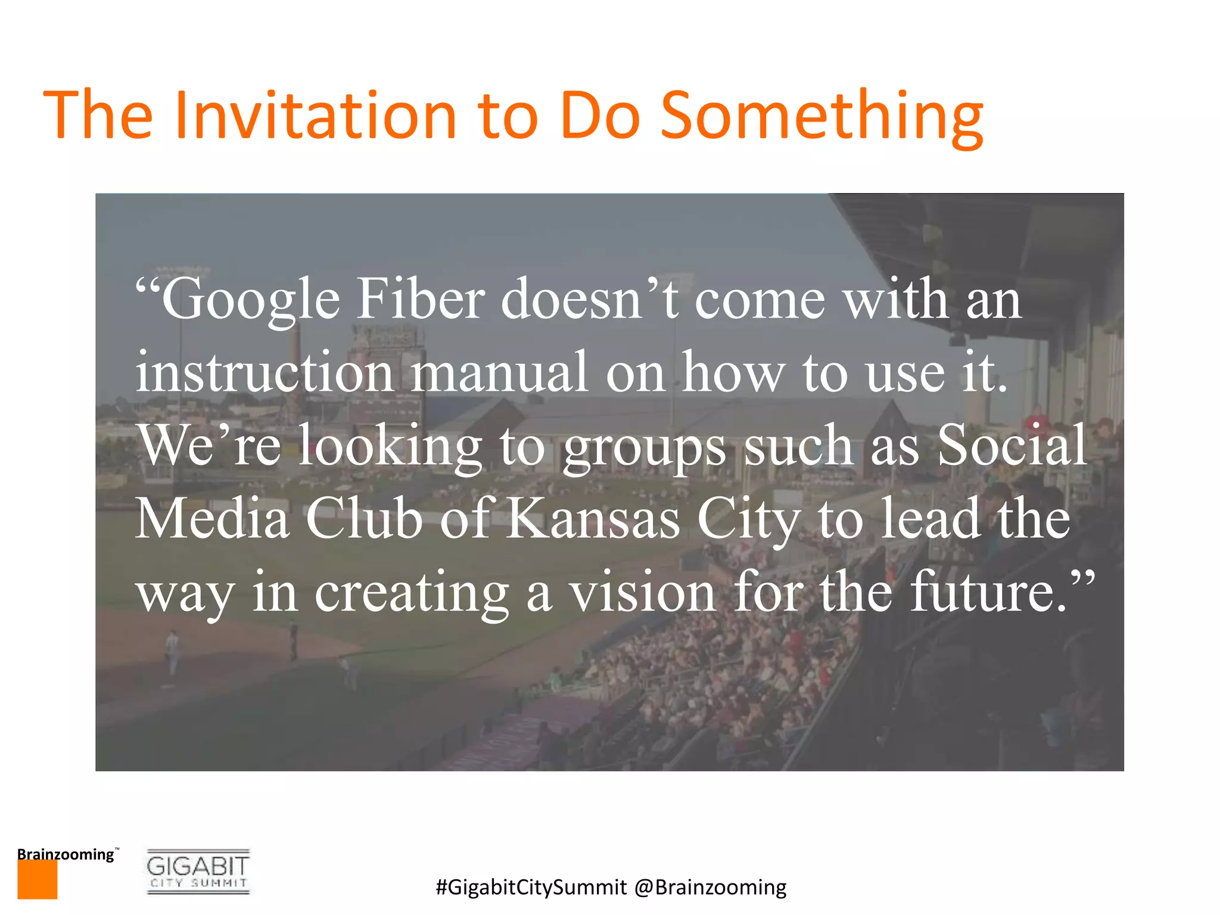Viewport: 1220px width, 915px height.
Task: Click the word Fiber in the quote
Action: [421, 300]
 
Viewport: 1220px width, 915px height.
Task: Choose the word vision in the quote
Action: [643, 592]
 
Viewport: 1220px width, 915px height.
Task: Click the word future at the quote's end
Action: [989, 592]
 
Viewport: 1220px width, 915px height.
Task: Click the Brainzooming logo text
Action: [66, 854]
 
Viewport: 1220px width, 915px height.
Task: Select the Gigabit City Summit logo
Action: [198, 872]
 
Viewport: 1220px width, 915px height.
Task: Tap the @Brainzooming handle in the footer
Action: [710, 887]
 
